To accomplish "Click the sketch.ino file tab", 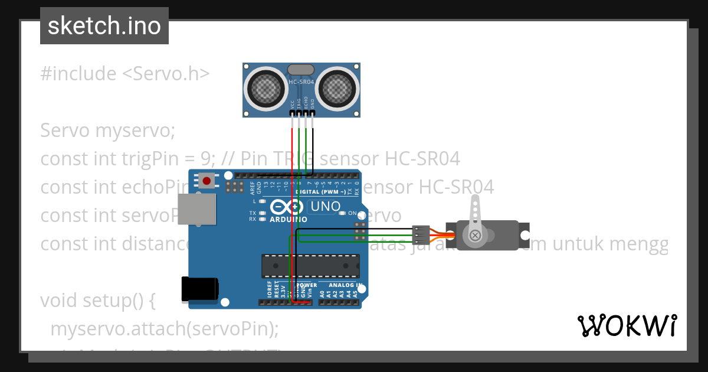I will pyautogui.click(x=104, y=26).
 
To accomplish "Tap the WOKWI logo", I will pyautogui.click(x=627, y=325).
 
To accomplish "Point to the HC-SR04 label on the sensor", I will pyautogui.click(x=301, y=82).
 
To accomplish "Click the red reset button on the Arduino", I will pyautogui.click(x=206, y=180).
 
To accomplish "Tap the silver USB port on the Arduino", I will pyautogui.click(x=198, y=209).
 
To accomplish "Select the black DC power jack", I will pyautogui.click(x=199, y=289).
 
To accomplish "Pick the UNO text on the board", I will pyautogui.click(x=325, y=207).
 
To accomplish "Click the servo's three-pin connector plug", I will pyautogui.click(x=421, y=234).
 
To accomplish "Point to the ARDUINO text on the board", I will pyautogui.click(x=289, y=220).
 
